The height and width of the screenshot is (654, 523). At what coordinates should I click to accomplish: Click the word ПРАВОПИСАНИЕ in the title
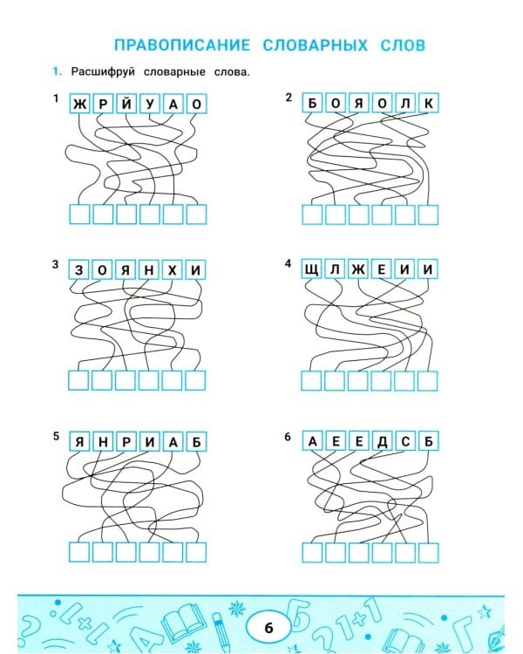pyautogui.click(x=182, y=45)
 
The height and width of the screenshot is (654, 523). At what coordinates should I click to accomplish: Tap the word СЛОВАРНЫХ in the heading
pyautogui.click(x=316, y=45)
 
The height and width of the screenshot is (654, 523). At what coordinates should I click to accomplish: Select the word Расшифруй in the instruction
pyautogui.click(x=103, y=72)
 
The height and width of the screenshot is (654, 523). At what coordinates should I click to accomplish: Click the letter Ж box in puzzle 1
pyautogui.click(x=80, y=104)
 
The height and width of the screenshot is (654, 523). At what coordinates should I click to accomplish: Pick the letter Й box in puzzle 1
pyautogui.click(x=126, y=104)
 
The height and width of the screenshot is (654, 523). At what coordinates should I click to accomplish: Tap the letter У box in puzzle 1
pyautogui.click(x=150, y=104)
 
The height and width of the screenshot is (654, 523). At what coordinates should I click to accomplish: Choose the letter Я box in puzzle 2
pyautogui.click(x=358, y=103)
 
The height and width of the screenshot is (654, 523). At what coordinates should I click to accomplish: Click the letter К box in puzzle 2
pyautogui.click(x=429, y=103)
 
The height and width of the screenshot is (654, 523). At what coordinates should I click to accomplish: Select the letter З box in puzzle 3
pyautogui.click(x=79, y=270)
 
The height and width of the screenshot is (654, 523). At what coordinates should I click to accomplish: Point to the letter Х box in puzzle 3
pyautogui.click(x=173, y=270)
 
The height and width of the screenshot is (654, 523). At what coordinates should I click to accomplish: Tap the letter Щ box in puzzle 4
pyautogui.click(x=311, y=269)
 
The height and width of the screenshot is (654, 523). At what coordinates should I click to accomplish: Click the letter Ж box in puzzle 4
pyautogui.click(x=358, y=269)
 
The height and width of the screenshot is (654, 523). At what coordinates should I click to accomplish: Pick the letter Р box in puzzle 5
pyautogui.click(x=126, y=442)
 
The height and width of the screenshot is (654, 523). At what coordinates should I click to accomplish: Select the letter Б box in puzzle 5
pyautogui.click(x=196, y=442)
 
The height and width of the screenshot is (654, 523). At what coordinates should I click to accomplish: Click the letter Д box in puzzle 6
pyautogui.click(x=382, y=441)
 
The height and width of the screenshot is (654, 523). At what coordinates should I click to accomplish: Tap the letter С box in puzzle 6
pyautogui.click(x=405, y=441)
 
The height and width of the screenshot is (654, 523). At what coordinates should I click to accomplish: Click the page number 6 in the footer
pyautogui.click(x=268, y=628)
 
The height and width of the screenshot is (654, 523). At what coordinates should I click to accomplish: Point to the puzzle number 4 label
pyautogui.click(x=288, y=263)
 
